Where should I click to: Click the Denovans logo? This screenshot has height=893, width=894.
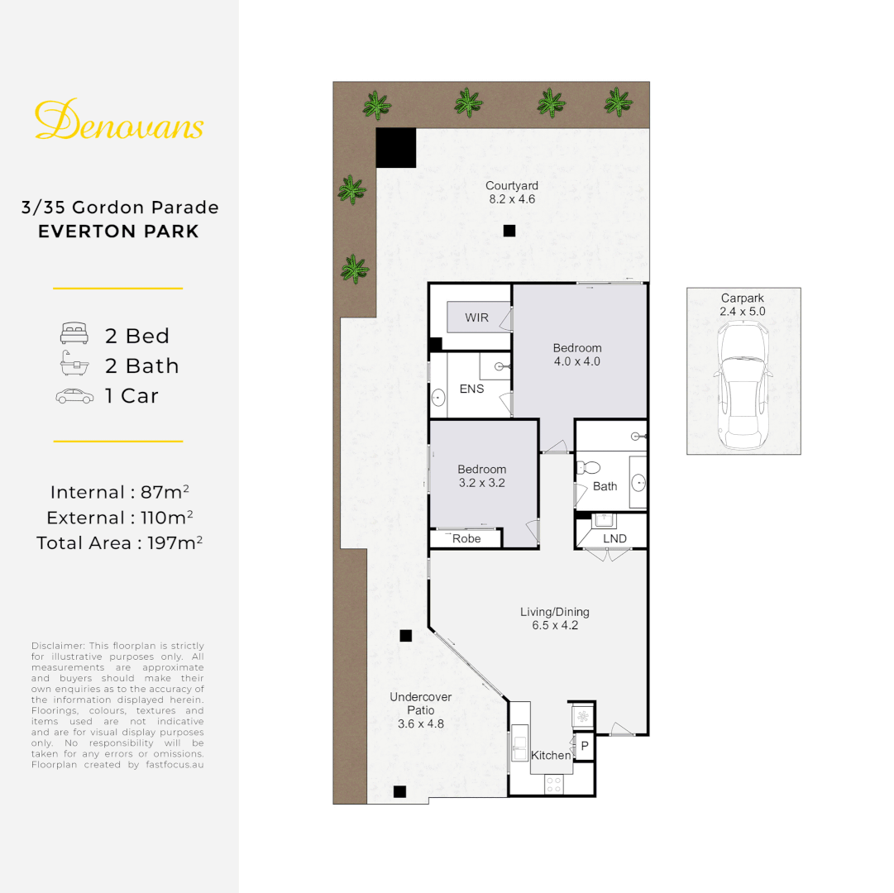coord(119,121)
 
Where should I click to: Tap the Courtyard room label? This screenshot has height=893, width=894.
coord(512,186)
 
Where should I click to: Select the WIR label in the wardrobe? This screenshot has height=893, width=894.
coord(476,318)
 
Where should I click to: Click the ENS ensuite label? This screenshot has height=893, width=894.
coord(471,389)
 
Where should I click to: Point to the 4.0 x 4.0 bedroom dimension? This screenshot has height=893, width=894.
coord(577,361)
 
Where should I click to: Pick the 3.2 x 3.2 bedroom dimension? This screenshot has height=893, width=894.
coord(481,483)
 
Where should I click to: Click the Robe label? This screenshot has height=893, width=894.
coord(466,539)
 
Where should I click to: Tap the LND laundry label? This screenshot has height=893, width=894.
coord(614,539)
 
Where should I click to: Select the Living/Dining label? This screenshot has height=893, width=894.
coord(555,612)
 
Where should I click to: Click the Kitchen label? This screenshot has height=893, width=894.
coord(551,755)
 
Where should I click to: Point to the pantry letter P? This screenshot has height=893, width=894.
coord(584,746)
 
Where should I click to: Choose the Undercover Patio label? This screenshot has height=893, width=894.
coord(421,704)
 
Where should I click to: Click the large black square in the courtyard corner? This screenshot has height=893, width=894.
coord(396,148)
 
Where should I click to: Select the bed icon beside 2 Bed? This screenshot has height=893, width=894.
coord(74,336)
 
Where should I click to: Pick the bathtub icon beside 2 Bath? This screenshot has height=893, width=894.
coord(74,365)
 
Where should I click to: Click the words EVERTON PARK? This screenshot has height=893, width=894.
coord(119,231)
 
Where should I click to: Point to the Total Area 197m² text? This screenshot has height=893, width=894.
coord(119,543)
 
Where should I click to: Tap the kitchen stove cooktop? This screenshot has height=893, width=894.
coord(552,785)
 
